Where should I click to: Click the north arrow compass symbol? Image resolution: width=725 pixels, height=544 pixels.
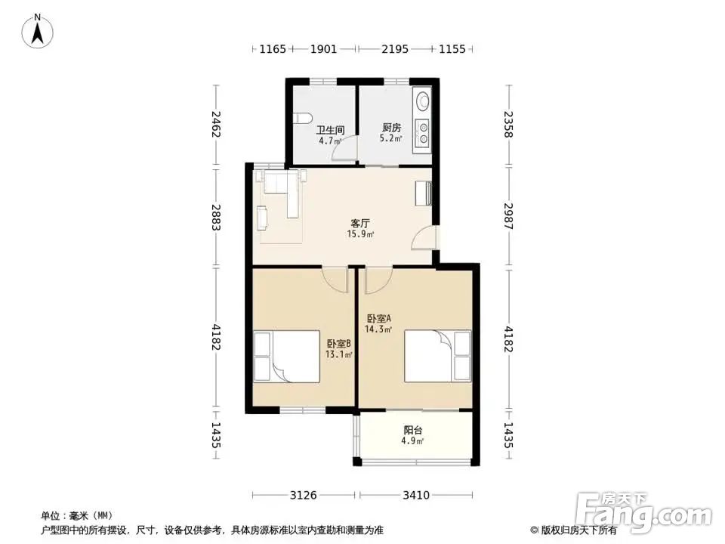(38, 32)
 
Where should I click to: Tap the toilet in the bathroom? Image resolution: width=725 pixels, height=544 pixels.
(301, 118)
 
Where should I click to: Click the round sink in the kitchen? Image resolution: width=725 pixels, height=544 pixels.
(423, 101)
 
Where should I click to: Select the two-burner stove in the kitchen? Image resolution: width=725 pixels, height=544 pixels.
(423, 131)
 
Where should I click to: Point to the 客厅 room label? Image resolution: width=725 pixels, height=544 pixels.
(360, 224)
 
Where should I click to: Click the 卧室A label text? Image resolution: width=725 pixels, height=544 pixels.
(379, 318)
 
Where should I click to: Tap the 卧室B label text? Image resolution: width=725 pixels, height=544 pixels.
(339, 344)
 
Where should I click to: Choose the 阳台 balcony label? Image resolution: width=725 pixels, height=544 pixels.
(413, 430)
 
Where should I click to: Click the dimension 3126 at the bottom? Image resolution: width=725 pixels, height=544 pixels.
(304, 496)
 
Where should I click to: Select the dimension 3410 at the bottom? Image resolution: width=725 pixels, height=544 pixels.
(416, 496)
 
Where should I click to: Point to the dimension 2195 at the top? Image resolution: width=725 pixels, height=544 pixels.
(395, 48)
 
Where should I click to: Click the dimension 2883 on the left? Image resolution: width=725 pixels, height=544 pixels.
(216, 217)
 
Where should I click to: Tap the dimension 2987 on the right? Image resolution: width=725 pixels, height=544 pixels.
(508, 216)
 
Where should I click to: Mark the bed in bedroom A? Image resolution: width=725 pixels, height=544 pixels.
(437, 356)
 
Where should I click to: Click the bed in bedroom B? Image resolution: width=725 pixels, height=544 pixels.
(287, 356)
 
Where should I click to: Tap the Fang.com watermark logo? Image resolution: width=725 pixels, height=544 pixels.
(644, 512)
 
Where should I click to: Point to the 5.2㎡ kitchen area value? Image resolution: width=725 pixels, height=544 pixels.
(390, 138)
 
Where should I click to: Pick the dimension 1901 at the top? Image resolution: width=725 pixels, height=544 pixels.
(323, 48)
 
